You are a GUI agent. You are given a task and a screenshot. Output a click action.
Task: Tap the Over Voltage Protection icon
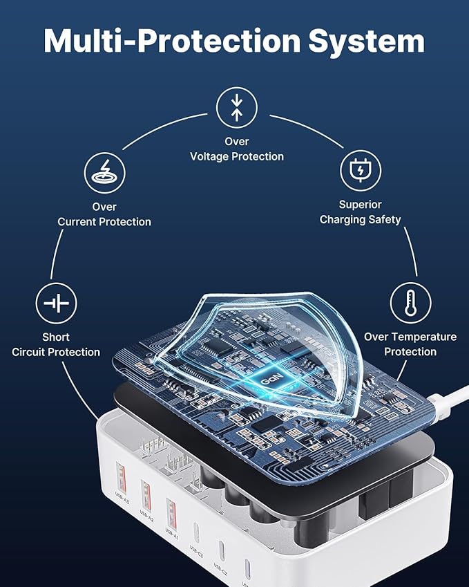coord(237,106)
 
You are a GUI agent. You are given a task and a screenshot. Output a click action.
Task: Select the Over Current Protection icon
coord(104,171)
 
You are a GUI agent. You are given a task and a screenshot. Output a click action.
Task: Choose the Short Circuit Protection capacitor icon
coord(56,303)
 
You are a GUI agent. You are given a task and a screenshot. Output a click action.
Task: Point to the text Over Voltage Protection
coord(237,149)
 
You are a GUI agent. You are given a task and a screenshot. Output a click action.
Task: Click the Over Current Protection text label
coord(104,214)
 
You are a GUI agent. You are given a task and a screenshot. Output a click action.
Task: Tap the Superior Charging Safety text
coord(360,212)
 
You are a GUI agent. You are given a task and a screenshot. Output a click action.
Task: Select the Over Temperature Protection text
coord(410,344)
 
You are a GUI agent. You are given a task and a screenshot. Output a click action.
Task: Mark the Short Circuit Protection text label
coord(56,344)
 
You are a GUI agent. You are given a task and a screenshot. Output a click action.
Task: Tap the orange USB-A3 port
coord(121,476)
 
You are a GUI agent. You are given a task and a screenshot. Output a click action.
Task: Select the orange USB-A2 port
coord(146,492)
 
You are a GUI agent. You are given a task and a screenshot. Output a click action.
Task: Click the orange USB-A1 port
coord(171,511)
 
